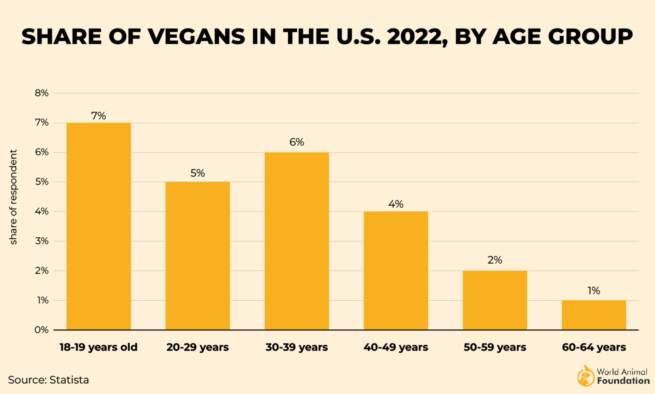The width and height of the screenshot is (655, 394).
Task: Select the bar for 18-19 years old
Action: [x=99, y=226]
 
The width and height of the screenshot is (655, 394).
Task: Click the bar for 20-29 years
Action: [x=197, y=256]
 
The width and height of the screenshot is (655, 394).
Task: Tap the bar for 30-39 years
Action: [x=296, y=241]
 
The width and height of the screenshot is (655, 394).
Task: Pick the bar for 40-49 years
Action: [x=396, y=270]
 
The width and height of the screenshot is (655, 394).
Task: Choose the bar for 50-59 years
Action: [x=495, y=300]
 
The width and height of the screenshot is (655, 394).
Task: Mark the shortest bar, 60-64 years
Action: [x=594, y=315]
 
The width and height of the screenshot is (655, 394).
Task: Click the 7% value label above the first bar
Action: [x=99, y=116]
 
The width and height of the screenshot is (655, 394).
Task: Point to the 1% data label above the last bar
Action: [x=594, y=290]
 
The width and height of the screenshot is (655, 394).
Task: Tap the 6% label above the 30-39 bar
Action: [x=296, y=142]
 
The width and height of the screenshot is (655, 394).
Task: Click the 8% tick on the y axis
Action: [x=42, y=93]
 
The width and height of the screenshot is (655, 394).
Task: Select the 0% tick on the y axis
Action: [x=42, y=330]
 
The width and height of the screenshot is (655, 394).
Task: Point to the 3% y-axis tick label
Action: [x=42, y=241]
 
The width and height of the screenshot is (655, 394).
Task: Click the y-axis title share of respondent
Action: [x=13, y=197]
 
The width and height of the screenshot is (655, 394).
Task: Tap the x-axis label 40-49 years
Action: [x=396, y=347]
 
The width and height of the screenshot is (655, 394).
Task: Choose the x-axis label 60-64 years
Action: [x=594, y=347]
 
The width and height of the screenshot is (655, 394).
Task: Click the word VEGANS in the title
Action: [x=197, y=37]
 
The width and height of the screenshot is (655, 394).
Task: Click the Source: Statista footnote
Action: [x=48, y=380]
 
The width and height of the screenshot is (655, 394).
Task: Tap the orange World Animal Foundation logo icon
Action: [x=585, y=376]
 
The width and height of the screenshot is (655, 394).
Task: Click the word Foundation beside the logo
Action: [x=623, y=381]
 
